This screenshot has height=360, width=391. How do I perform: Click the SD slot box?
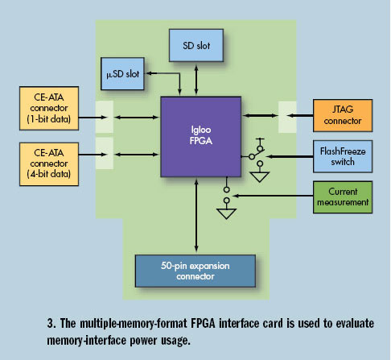coord(196,45)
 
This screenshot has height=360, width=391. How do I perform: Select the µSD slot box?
coord(122,73)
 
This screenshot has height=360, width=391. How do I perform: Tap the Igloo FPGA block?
coord(201,137)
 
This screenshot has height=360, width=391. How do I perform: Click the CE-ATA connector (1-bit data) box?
coord(49,108)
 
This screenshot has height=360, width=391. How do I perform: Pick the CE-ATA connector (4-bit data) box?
coord(49,164)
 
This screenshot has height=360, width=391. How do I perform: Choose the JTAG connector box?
coord(343,115)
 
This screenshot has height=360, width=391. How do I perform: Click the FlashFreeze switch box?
coord(343,156)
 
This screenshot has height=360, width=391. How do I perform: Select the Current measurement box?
coord(343,197)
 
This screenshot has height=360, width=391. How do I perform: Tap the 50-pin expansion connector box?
coord(195,271)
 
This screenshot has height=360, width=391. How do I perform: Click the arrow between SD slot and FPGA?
coord(196,79)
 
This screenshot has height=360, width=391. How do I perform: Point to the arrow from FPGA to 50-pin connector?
coord(196,216)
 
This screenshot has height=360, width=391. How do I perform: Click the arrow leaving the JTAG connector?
coord(300,116)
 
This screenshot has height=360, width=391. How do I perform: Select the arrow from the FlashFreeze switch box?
coord(290,156)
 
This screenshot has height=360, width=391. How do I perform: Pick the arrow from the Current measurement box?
coord(273,196)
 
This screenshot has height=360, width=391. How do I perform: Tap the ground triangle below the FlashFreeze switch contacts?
coord(259,177)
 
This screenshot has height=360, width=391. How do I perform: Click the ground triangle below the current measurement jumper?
coord(227,213)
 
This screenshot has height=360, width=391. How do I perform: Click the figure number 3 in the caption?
coord(51,323)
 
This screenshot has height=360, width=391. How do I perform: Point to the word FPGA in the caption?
coord(203,323)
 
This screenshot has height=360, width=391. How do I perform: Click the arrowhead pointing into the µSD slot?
coord(148,73)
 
